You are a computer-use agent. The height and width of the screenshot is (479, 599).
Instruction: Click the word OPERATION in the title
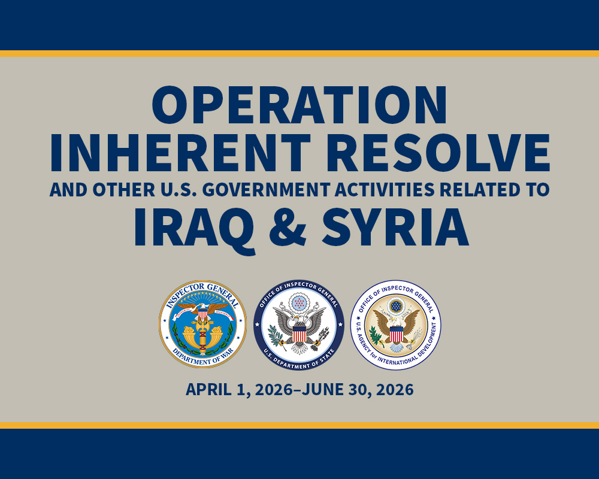[x=299, y=105]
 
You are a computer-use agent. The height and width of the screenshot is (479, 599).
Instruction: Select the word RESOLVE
[x=438, y=153]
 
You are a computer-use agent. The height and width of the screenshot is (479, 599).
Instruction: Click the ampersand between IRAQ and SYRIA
[x=288, y=227]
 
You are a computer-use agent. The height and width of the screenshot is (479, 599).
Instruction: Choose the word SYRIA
[x=395, y=227]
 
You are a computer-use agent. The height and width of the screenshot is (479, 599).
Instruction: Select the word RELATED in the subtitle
[x=479, y=190]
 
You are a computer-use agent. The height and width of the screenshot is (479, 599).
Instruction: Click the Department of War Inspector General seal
[x=202, y=325]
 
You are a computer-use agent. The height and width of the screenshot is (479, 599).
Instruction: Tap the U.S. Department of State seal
[x=299, y=326]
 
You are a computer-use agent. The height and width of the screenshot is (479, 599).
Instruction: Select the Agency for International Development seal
[x=396, y=325]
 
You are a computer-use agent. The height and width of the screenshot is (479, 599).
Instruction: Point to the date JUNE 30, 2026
[x=357, y=390]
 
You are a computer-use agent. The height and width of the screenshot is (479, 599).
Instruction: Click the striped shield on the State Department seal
[x=299, y=334]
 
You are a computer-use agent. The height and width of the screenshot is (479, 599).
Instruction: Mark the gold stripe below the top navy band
[x=299, y=53]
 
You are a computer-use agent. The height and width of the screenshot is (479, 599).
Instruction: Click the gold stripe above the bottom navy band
[x=299, y=426]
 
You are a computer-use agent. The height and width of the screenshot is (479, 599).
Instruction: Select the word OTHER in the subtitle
[x=123, y=190]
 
